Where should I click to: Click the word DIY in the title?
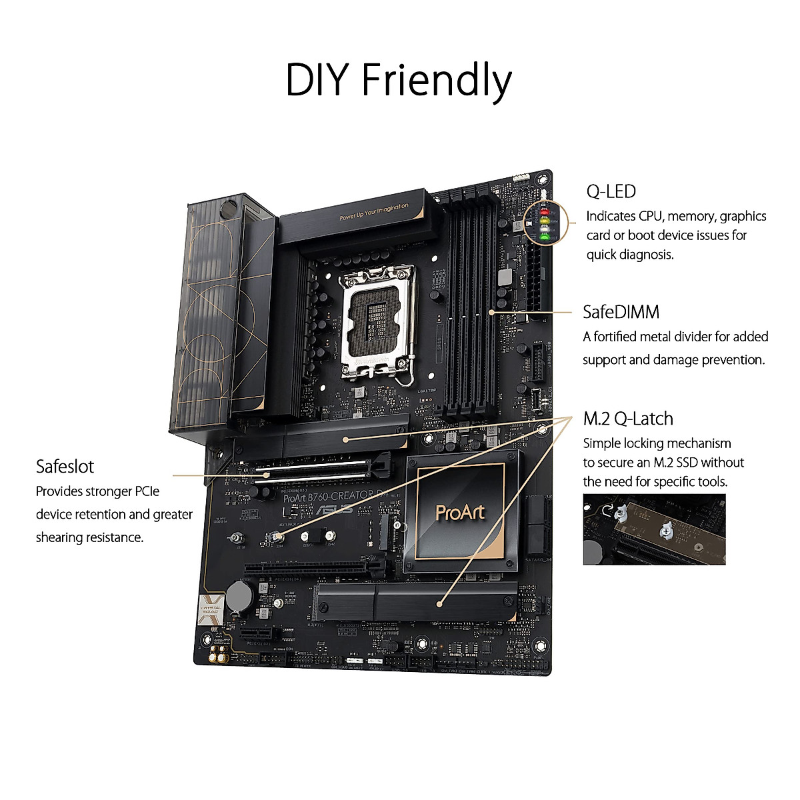(x=319, y=80)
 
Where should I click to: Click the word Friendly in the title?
(x=437, y=81)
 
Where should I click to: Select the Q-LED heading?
(x=611, y=192)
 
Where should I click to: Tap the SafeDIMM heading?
(x=621, y=312)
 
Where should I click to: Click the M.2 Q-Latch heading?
(x=628, y=419)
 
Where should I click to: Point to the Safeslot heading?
(x=65, y=467)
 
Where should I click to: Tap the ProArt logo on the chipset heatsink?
(x=460, y=512)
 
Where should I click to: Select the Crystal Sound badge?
(x=211, y=611)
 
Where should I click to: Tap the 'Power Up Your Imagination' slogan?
(x=374, y=212)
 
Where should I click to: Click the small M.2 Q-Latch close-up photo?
(x=653, y=529)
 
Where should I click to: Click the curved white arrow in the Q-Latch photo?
(x=607, y=511)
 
